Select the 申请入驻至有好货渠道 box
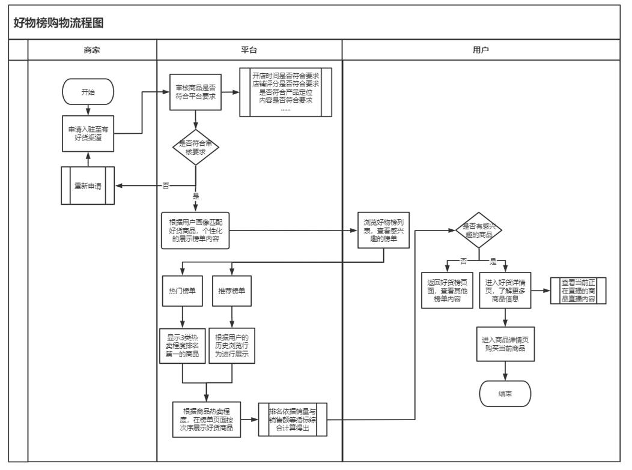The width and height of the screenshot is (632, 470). click(x=88, y=131)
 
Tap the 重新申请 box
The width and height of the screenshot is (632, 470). click(x=88, y=185)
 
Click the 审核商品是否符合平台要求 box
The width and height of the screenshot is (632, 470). click(x=195, y=94)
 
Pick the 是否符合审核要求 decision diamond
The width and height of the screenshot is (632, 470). click(x=196, y=148)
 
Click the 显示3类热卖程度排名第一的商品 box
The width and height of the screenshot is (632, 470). click(x=181, y=346)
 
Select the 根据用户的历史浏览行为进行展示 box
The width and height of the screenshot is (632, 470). click(x=232, y=346)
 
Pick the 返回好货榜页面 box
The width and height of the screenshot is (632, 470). click(x=446, y=290)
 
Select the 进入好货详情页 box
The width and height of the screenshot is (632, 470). click(x=505, y=290)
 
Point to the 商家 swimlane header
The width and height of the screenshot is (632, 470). click(x=92, y=51)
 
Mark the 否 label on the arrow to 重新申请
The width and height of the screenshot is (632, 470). click(x=166, y=185)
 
